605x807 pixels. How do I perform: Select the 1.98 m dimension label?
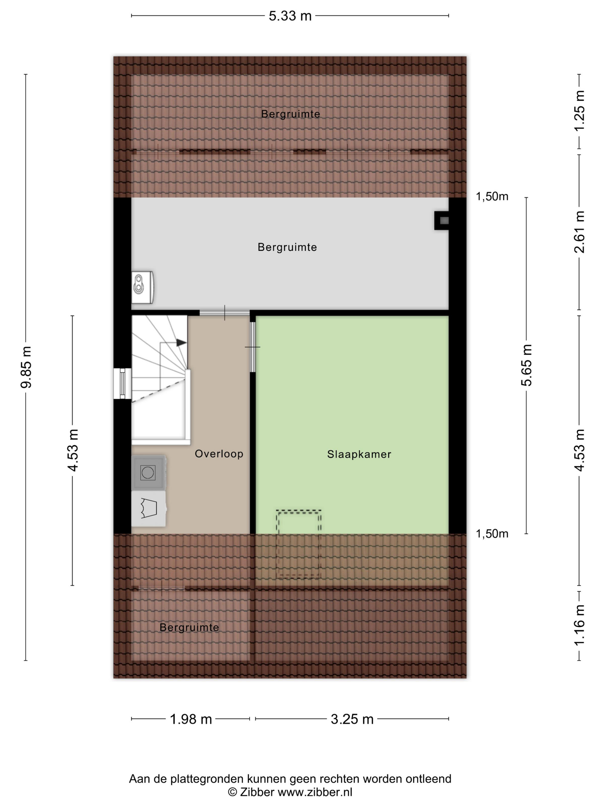[x=191, y=719]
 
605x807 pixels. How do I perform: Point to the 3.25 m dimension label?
[x=352, y=719]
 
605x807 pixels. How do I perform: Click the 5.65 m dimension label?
[x=527, y=365]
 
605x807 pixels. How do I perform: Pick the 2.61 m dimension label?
[x=579, y=232]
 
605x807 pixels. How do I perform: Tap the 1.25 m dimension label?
[x=579, y=111]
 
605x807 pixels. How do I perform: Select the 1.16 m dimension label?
[x=579, y=625]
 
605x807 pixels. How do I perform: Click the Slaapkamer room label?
[x=359, y=454]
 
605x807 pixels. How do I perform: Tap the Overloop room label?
[x=219, y=454]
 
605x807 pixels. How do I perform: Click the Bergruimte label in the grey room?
[x=287, y=247]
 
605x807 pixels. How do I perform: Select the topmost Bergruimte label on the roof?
[x=290, y=114]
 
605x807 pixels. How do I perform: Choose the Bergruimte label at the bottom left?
[x=189, y=627]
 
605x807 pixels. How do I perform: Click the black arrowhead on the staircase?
[x=181, y=343]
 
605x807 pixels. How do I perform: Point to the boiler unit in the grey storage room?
[x=142, y=287]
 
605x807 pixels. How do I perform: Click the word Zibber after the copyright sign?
[x=257, y=792]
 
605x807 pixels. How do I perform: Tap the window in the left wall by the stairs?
[x=122, y=383]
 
